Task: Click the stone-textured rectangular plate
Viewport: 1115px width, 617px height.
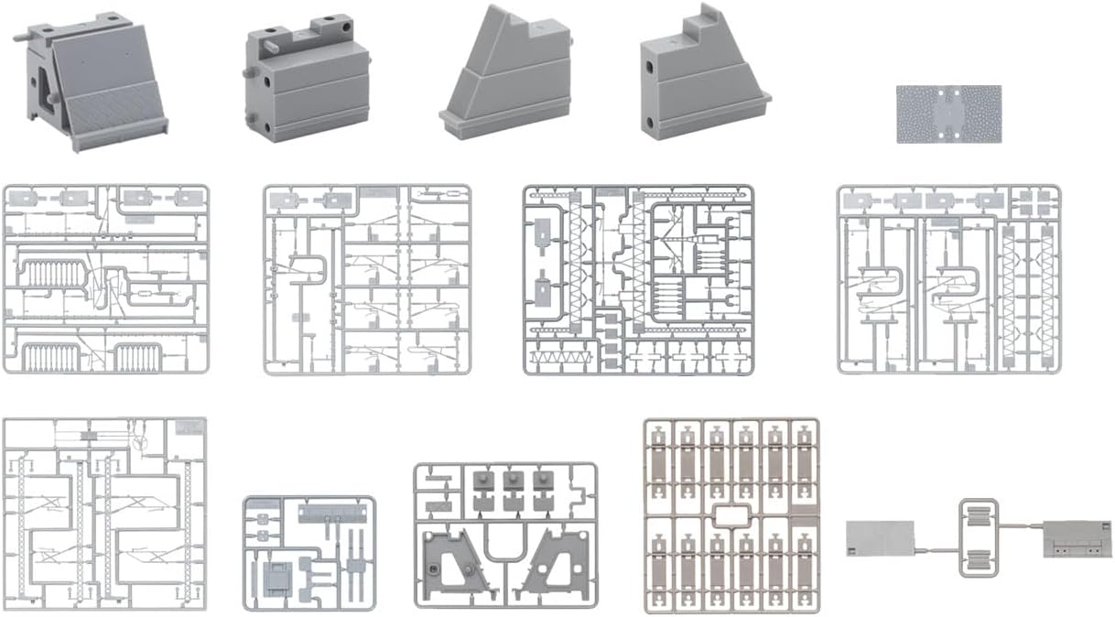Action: click(x=947, y=114)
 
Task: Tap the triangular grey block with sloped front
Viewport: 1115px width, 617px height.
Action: click(x=506, y=78)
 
